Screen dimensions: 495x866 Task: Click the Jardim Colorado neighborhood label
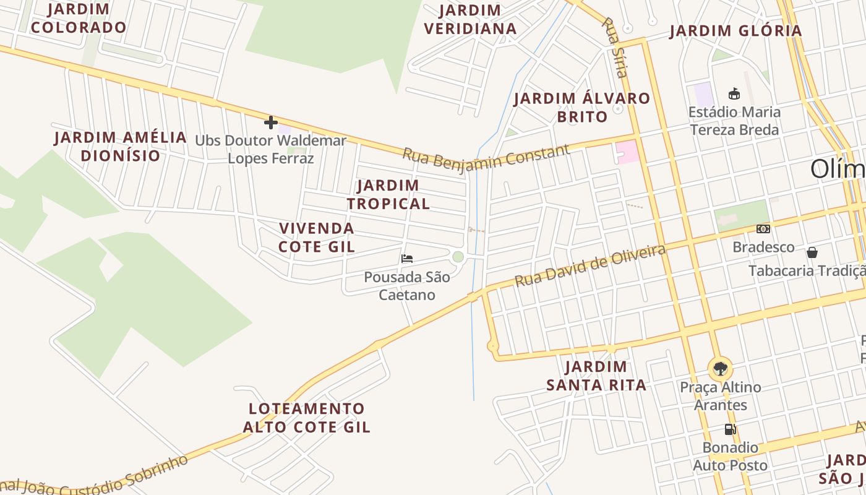coord(79,19)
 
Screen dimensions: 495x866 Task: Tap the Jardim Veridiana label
coord(471,20)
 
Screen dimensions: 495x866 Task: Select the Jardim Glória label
coord(735,31)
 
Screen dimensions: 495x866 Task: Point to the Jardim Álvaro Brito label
coord(582,107)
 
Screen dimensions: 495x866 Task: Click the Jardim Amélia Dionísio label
coord(121,146)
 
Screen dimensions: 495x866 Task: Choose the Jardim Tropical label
coord(388,194)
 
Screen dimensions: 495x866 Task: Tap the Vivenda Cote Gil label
coord(317,237)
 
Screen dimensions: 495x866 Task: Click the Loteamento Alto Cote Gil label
coord(307,418)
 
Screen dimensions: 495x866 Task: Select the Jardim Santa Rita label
coord(596,376)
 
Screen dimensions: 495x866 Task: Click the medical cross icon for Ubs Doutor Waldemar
coord(270,123)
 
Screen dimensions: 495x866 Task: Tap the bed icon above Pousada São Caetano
coord(407,259)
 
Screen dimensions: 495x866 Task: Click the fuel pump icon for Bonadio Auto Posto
coord(730,429)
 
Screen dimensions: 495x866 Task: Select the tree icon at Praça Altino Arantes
coord(720,369)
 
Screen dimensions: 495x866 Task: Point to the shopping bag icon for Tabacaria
coord(812,252)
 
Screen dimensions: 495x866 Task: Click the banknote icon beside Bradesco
coord(763,229)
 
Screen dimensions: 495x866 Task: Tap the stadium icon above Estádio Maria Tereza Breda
coord(734,94)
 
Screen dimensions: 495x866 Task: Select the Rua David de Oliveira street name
coord(590,265)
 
